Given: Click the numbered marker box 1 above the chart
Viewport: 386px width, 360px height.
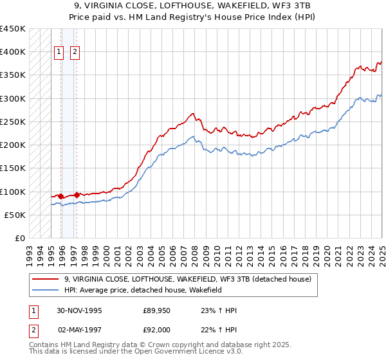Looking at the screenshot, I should click(x=59, y=53).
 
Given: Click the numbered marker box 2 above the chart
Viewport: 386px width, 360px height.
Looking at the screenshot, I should click(x=75, y=53).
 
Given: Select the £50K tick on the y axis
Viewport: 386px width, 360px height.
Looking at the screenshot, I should click(x=15, y=215).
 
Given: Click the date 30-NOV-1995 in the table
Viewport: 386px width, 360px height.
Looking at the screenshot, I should click(x=79, y=310).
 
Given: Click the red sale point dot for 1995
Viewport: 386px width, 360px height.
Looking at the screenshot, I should click(x=60, y=196).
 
